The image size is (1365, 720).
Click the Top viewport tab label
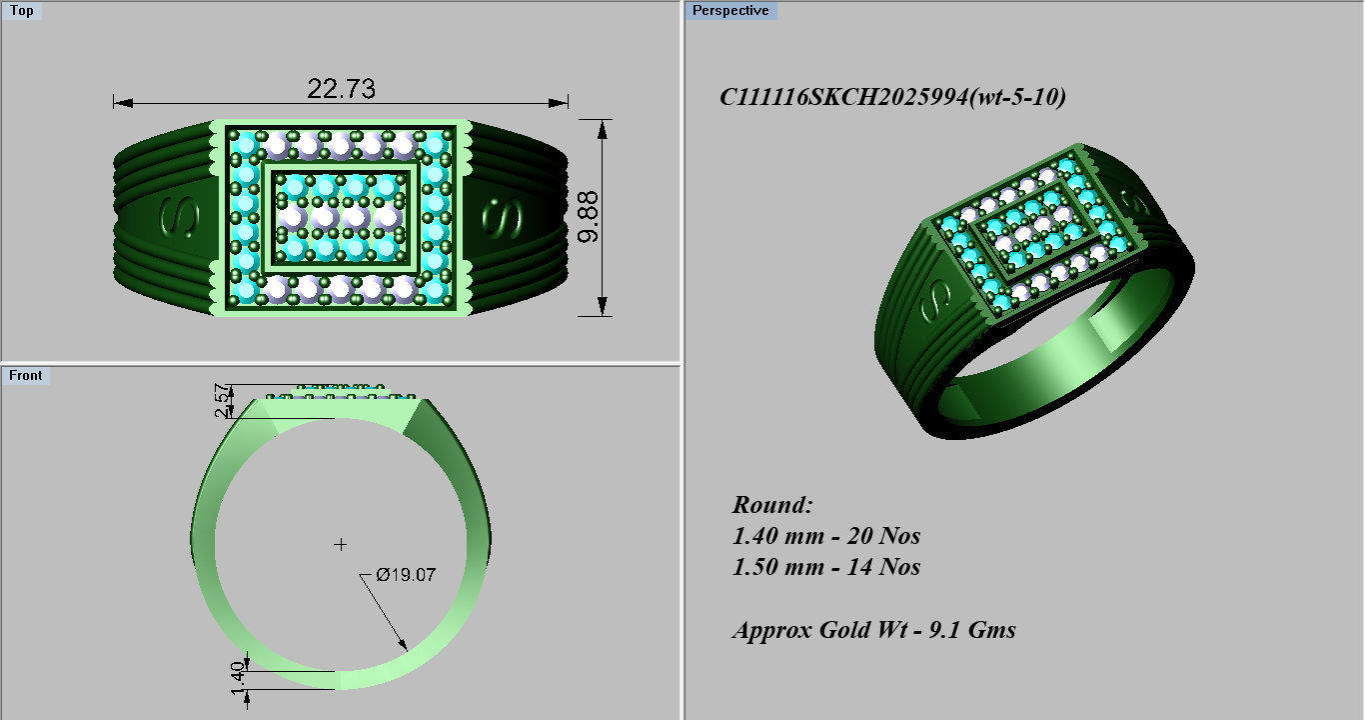(21, 11)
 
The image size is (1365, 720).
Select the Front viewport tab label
(26, 375)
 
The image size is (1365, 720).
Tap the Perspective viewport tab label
(730, 11)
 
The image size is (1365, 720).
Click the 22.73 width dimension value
(341, 89)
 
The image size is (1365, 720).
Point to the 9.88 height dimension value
(590, 218)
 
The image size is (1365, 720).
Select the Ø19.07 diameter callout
(406, 575)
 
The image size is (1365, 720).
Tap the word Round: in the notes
(772, 504)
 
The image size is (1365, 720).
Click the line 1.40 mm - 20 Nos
(826, 536)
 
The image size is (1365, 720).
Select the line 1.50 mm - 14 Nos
(826, 567)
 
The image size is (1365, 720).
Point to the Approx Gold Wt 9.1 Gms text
(873, 630)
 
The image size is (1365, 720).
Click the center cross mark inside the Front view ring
(341, 544)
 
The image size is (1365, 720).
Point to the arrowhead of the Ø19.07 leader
(403, 646)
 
